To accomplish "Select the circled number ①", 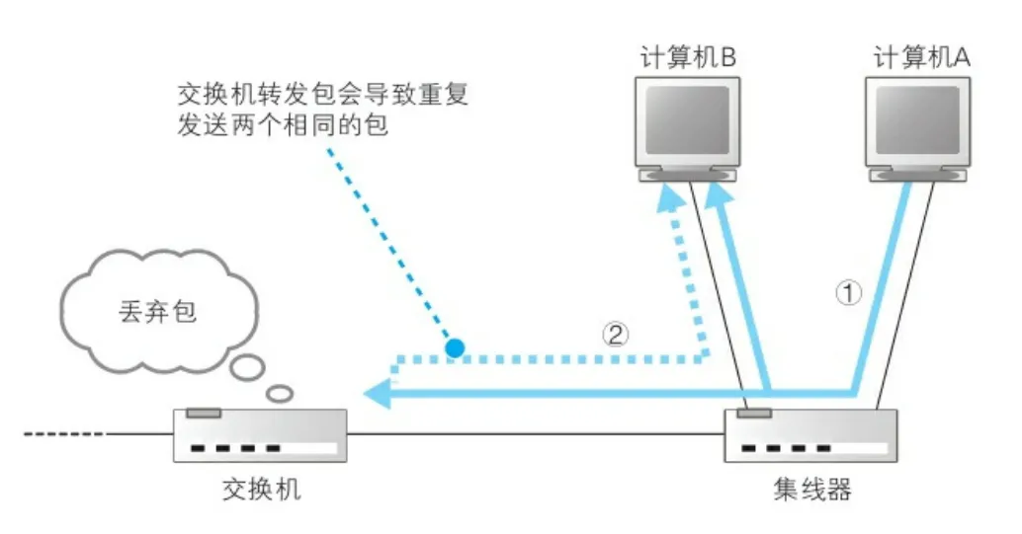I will coord(849,293).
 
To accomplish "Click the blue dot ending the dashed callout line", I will coord(454,347).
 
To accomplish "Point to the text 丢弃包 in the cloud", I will coord(150,313).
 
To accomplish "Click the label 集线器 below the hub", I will coord(811,490).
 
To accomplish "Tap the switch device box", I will coord(260,435).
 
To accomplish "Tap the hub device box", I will coord(810,435).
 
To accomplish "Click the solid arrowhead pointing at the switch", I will coord(377,396).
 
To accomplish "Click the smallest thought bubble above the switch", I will coord(281,393).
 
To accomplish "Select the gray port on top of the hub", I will coord(754,412).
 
